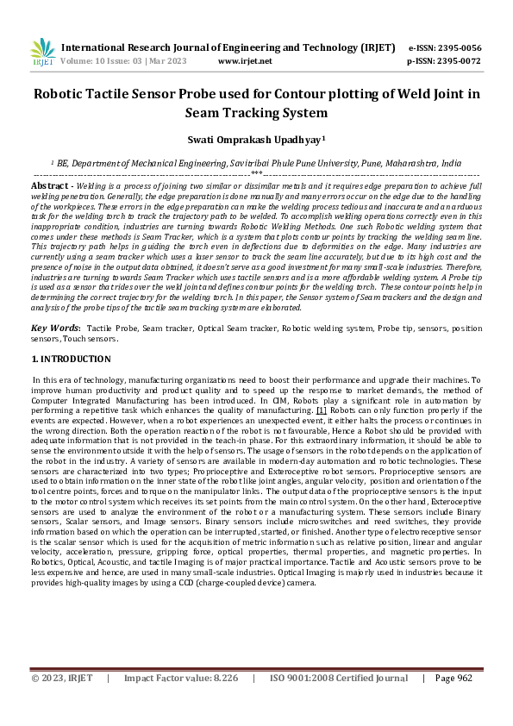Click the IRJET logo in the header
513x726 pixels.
tap(41, 52)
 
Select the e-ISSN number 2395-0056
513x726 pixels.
tap(458, 47)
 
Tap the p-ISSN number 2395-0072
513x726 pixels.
tap(458, 61)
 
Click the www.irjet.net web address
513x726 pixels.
tap(245, 61)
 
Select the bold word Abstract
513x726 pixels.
tap(51, 185)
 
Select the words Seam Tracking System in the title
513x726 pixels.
tap(257, 113)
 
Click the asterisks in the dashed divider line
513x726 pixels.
tap(256, 174)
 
